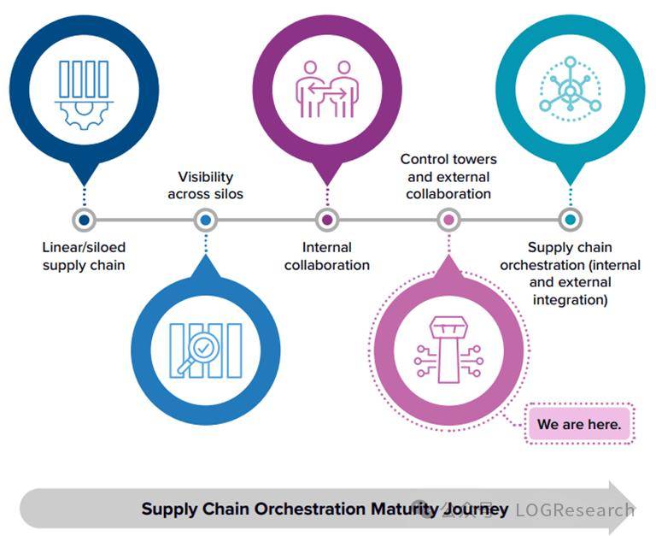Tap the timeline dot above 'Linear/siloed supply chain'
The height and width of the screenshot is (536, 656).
pos(84,220)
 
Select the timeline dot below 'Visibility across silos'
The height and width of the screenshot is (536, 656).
pos(205,220)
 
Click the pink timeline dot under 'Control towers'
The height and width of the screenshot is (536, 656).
pos(448,220)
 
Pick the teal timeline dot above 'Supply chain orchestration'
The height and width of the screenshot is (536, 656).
pos(570,220)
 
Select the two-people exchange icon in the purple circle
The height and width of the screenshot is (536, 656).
pos(326,88)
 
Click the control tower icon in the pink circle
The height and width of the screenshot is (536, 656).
pos(448,350)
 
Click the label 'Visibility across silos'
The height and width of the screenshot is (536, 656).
pos(205,186)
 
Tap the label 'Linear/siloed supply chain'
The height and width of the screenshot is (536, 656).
pos(84,256)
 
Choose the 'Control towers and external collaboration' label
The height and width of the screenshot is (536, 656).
pos(448,176)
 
